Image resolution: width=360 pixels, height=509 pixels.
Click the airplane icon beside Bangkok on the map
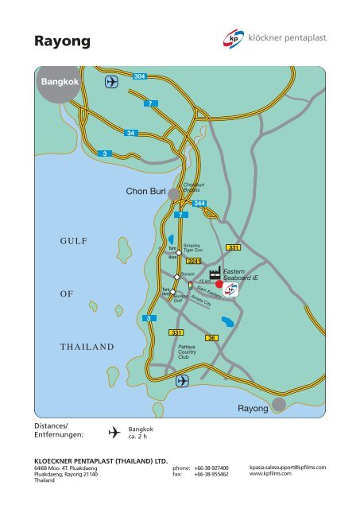[x=111, y=82]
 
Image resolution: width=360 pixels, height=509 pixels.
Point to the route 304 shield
[x=139, y=76]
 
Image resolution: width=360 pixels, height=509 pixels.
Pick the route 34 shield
[x=132, y=132]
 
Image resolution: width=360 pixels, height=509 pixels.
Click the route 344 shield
[x=200, y=204]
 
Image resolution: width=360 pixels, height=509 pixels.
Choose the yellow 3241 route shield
[x=193, y=261]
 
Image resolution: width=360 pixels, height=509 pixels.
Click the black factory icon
[x=214, y=274]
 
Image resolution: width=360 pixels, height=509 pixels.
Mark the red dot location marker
[x=219, y=284]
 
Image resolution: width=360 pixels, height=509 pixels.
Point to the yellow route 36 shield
[x=211, y=338]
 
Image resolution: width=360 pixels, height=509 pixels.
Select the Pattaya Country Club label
[x=188, y=352]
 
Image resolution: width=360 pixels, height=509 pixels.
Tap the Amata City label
[x=201, y=302]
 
